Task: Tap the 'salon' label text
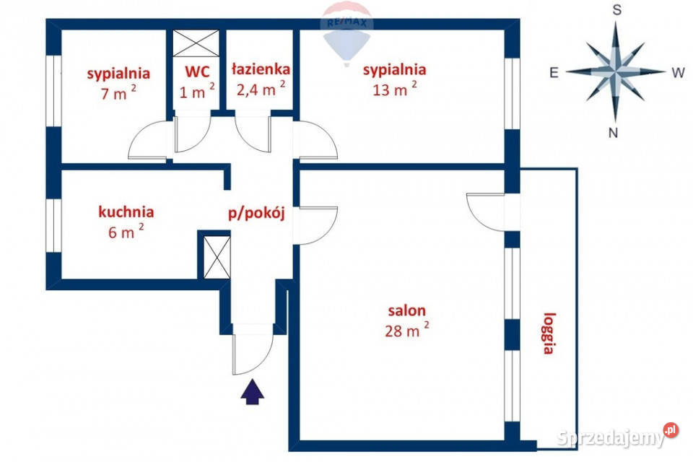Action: (406, 311)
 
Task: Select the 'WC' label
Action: (196, 72)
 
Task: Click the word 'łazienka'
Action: (261, 69)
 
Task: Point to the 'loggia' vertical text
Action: (549, 333)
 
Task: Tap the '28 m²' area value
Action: (406, 331)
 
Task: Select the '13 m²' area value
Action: (394, 90)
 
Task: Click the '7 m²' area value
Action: (118, 93)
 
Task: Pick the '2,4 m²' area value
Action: (261, 90)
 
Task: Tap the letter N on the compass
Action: (613, 132)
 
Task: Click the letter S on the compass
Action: (617, 10)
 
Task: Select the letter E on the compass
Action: (554, 72)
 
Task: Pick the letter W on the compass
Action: (678, 72)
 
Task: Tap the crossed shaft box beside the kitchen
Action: (215, 256)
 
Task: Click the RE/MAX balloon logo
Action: (346, 29)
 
